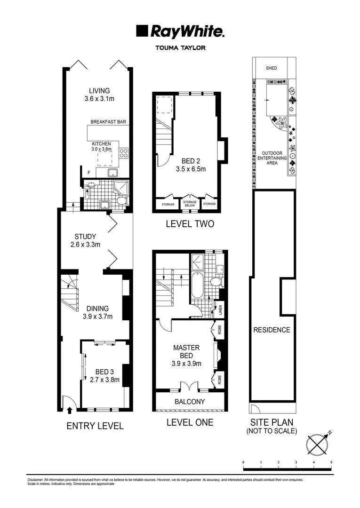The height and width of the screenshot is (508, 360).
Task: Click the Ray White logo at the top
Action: (x=180, y=32)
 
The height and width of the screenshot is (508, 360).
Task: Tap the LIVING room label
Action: (x=99, y=95)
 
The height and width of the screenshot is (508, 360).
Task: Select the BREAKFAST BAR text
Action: (x=108, y=122)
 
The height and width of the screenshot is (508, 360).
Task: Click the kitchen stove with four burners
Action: (x=124, y=152)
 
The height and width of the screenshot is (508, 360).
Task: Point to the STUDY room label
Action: (x=85, y=240)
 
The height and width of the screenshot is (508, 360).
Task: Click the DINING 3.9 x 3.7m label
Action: (x=97, y=312)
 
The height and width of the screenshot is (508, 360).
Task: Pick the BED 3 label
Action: (x=104, y=375)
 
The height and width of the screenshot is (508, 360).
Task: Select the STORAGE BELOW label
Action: (x=190, y=204)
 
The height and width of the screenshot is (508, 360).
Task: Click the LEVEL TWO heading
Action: (x=190, y=224)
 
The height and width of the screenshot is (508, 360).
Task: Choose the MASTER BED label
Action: (x=186, y=355)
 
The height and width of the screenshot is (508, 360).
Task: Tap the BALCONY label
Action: (x=190, y=402)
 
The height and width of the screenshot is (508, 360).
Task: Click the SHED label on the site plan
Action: (x=272, y=68)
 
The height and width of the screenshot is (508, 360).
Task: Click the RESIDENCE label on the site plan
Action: (x=272, y=330)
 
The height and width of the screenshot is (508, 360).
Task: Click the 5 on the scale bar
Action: (x=331, y=463)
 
